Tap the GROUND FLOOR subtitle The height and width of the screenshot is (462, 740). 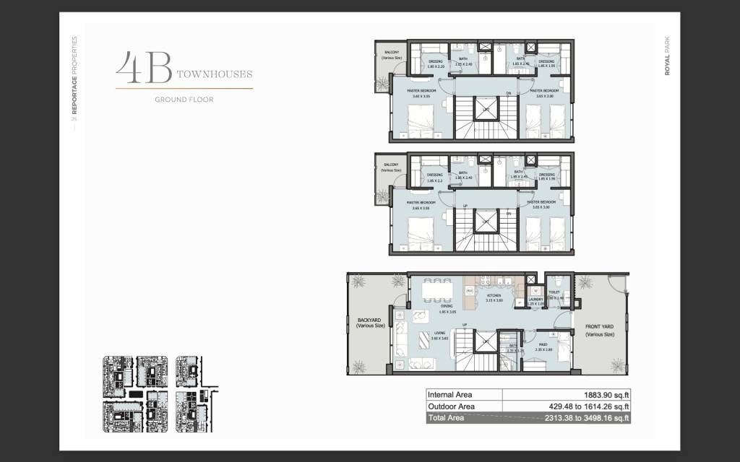click(x=184, y=100)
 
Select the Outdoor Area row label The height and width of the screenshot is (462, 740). click(x=451, y=406)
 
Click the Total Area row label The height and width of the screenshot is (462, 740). click(x=447, y=418)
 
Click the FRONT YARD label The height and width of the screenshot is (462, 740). click(x=599, y=331)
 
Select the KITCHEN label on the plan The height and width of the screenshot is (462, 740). click(x=494, y=297)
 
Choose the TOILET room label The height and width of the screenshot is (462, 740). click(x=554, y=293)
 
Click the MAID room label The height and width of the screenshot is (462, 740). click(x=543, y=344)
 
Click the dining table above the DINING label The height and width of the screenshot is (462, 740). click(x=435, y=290)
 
